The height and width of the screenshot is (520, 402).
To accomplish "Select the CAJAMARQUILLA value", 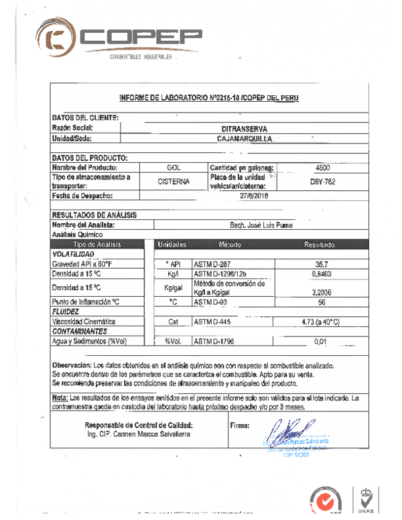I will [x=245, y=139].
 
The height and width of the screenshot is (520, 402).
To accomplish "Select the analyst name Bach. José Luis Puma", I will [x=254, y=225].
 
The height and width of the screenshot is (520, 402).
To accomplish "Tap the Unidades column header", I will [x=172, y=245].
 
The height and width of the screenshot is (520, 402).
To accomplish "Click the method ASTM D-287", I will [x=212, y=264].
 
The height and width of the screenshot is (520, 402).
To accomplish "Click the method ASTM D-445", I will [x=212, y=322].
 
